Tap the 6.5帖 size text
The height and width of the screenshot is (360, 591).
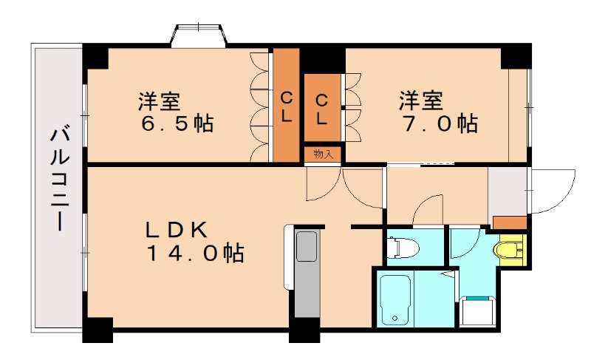click(x=177, y=123)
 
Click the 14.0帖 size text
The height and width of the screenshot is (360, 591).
click(x=194, y=254)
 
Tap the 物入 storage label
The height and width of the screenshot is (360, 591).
click(x=324, y=154)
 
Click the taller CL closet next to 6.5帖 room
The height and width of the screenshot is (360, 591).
click(x=286, y=106)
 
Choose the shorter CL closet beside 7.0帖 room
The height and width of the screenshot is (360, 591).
click(x=323, y=108)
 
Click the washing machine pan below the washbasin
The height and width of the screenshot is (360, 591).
click(x=476, y=311)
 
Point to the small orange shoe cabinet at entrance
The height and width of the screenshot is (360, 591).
click(x=509, y=222)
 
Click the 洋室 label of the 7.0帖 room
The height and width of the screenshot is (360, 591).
click(x=422, y=99)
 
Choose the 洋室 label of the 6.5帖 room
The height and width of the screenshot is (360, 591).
click(x=160, y=99)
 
